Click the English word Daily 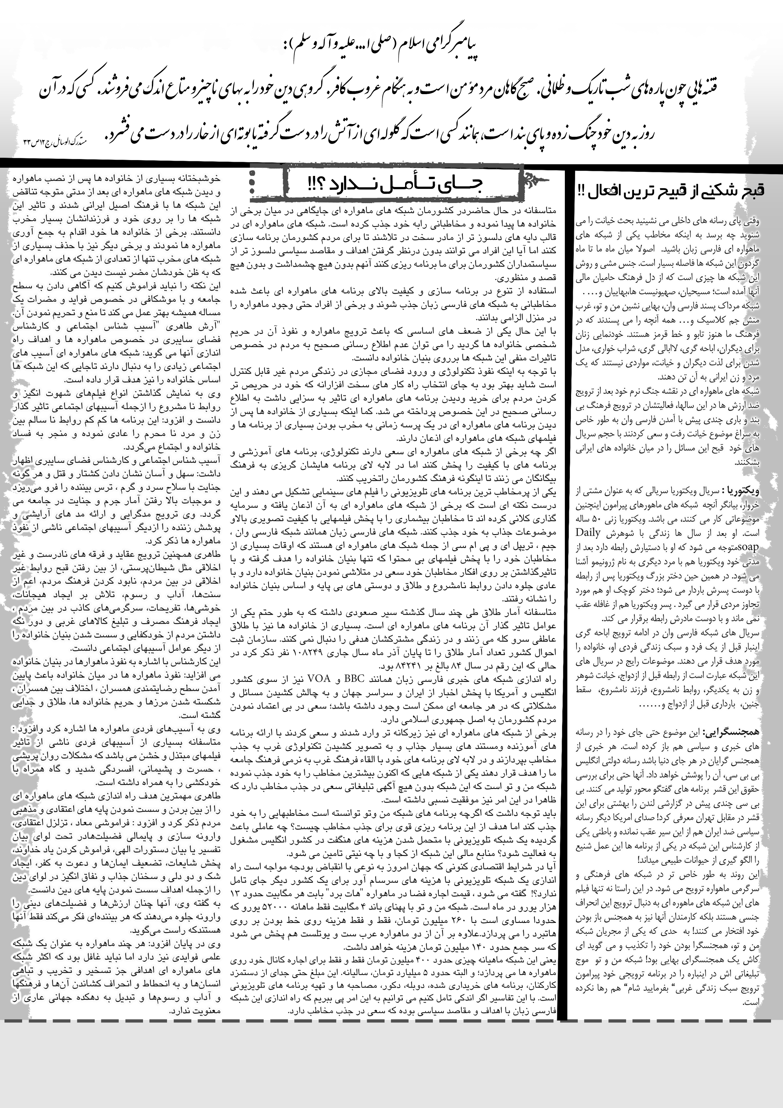(588, 533)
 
